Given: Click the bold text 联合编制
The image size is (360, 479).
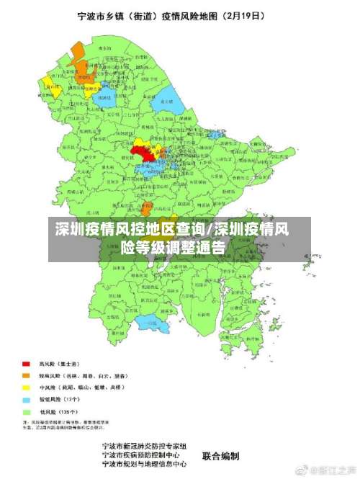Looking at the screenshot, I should coord(220,455).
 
